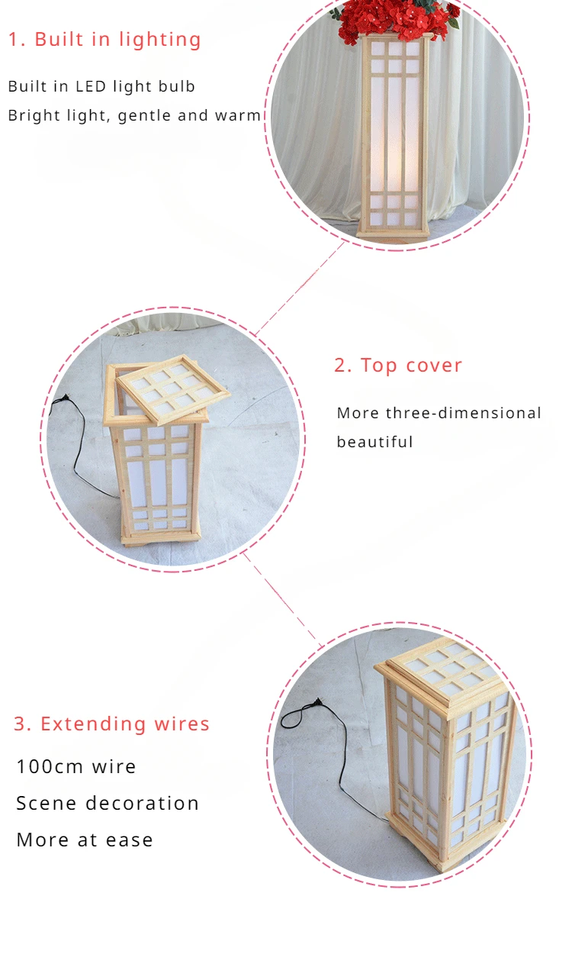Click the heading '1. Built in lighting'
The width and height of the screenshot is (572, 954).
[104, 40]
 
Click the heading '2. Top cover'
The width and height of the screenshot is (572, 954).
[398, 365]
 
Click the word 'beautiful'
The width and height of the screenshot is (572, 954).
[375, 442]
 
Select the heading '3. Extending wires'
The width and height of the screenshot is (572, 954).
[111, 724]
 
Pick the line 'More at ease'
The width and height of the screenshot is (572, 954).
[85, 840]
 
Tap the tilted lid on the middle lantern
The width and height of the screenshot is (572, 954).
[173, 389]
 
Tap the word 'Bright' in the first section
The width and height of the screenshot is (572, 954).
[31, 115]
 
